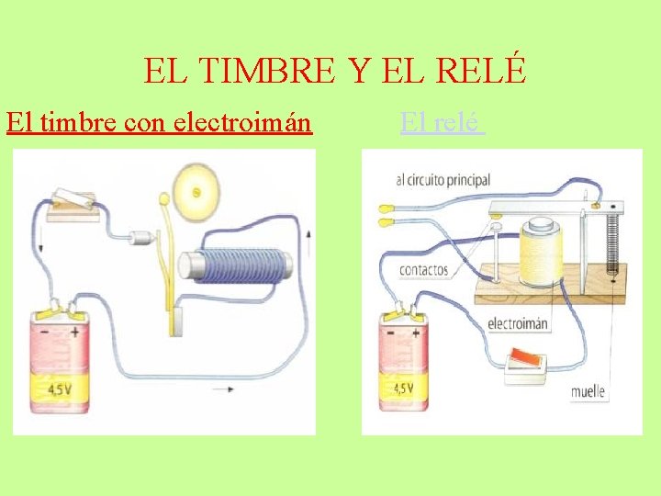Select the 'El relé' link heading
pos(442,122)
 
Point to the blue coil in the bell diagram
pos(235,265)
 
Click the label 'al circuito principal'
pos(443,181)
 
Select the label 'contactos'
pos(424,270)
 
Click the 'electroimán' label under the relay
pos(518,323)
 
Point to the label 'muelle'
pos(588,391)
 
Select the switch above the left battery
pos(73,201)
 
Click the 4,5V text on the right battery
pos(404,389)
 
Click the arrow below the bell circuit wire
pos(222,389)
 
